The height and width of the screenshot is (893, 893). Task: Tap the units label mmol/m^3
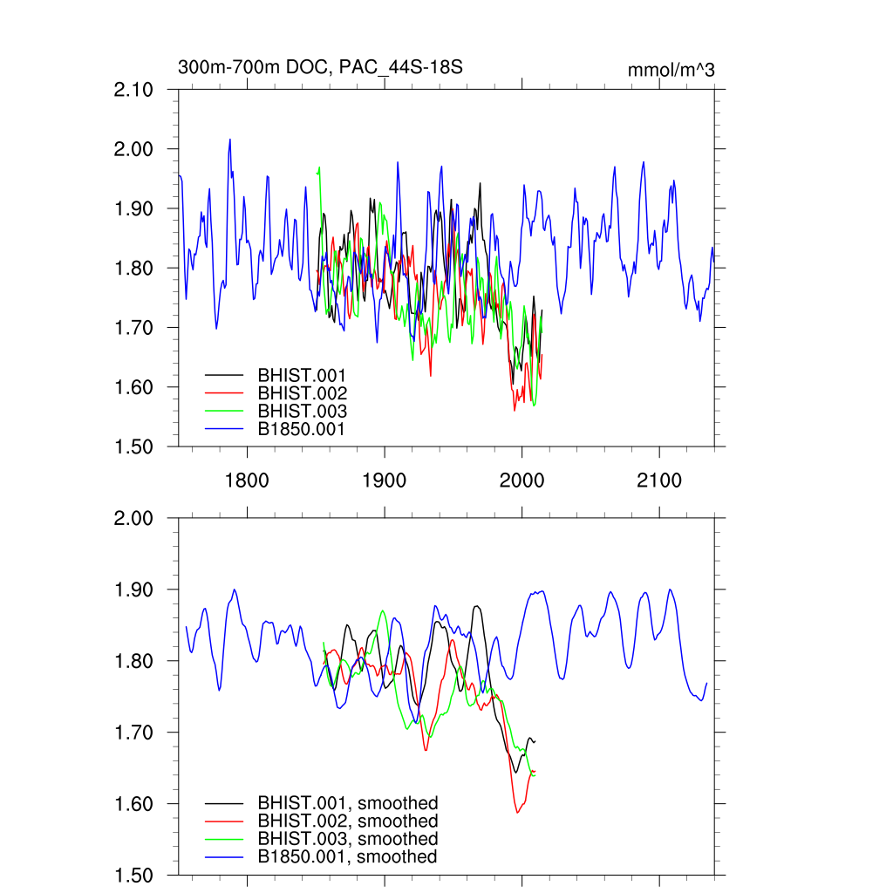(x=671, y=71)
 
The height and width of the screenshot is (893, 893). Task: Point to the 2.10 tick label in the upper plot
(x=134, y=90)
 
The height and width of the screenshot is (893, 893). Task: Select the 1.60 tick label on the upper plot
(x=134, y=387)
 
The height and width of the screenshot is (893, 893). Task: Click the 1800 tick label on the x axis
(x=247, y=481)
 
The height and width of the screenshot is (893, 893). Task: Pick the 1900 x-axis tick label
(x=384, y=481)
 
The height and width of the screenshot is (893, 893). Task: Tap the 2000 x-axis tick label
(x=521, y=481)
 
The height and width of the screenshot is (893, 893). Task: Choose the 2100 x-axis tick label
(x=658, y=481)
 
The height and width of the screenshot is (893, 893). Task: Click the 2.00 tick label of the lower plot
(x=134, y=519)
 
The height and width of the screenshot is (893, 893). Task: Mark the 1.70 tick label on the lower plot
(x=134, y=733)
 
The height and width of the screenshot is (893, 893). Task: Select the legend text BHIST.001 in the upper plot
(x=302, y=375)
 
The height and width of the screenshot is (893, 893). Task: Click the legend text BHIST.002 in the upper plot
(x=302, y=393)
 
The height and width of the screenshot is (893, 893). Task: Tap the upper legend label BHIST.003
(x=302, y=412)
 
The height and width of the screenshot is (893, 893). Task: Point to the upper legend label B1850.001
(x=302, y=429)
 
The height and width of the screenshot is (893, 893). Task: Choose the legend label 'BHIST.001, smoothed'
(x=347, y=803)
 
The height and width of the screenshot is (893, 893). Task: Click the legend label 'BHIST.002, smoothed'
(x=347, y=821)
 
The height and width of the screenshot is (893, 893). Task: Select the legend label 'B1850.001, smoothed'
(x=347, y=857)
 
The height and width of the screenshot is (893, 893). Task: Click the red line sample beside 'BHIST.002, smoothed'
(x=224, y=821)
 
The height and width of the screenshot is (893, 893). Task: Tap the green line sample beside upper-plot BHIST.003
(x=224, y=412)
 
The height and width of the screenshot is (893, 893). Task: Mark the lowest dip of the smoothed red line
(x=518, y=813)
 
